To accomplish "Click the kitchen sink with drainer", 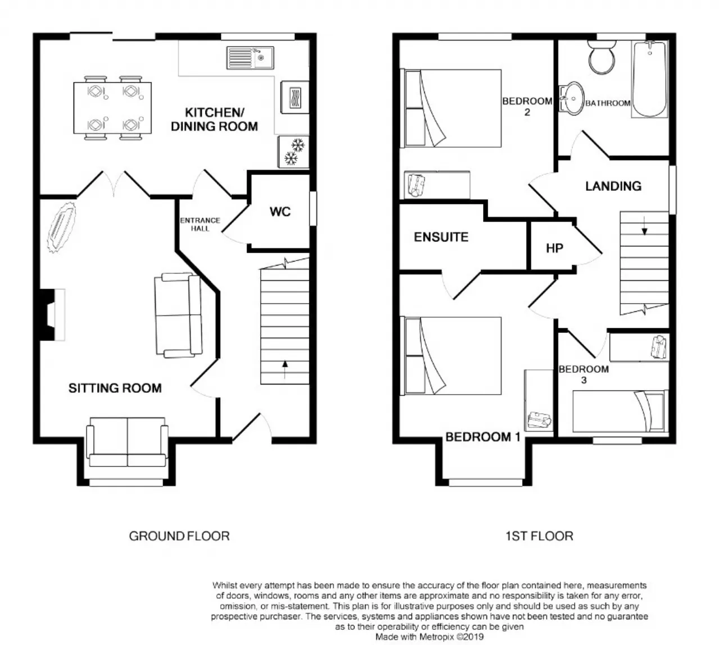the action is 250,57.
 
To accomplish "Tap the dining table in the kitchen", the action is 112,108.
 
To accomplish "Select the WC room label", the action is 280,212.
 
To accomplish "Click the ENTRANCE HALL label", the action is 200,225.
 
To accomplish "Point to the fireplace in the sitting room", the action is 52,315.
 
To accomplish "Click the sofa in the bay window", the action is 128,442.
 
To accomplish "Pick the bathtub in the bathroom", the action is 649,79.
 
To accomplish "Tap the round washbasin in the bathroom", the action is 571,97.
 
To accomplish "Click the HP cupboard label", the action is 554,248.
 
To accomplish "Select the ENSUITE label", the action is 441,237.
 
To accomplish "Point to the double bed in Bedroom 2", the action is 450,108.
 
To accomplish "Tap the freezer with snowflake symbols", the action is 293,152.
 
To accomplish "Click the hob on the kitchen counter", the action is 295,97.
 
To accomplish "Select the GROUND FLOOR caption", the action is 179,536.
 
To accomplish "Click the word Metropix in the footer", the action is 437,637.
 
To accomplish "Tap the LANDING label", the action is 613,186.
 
